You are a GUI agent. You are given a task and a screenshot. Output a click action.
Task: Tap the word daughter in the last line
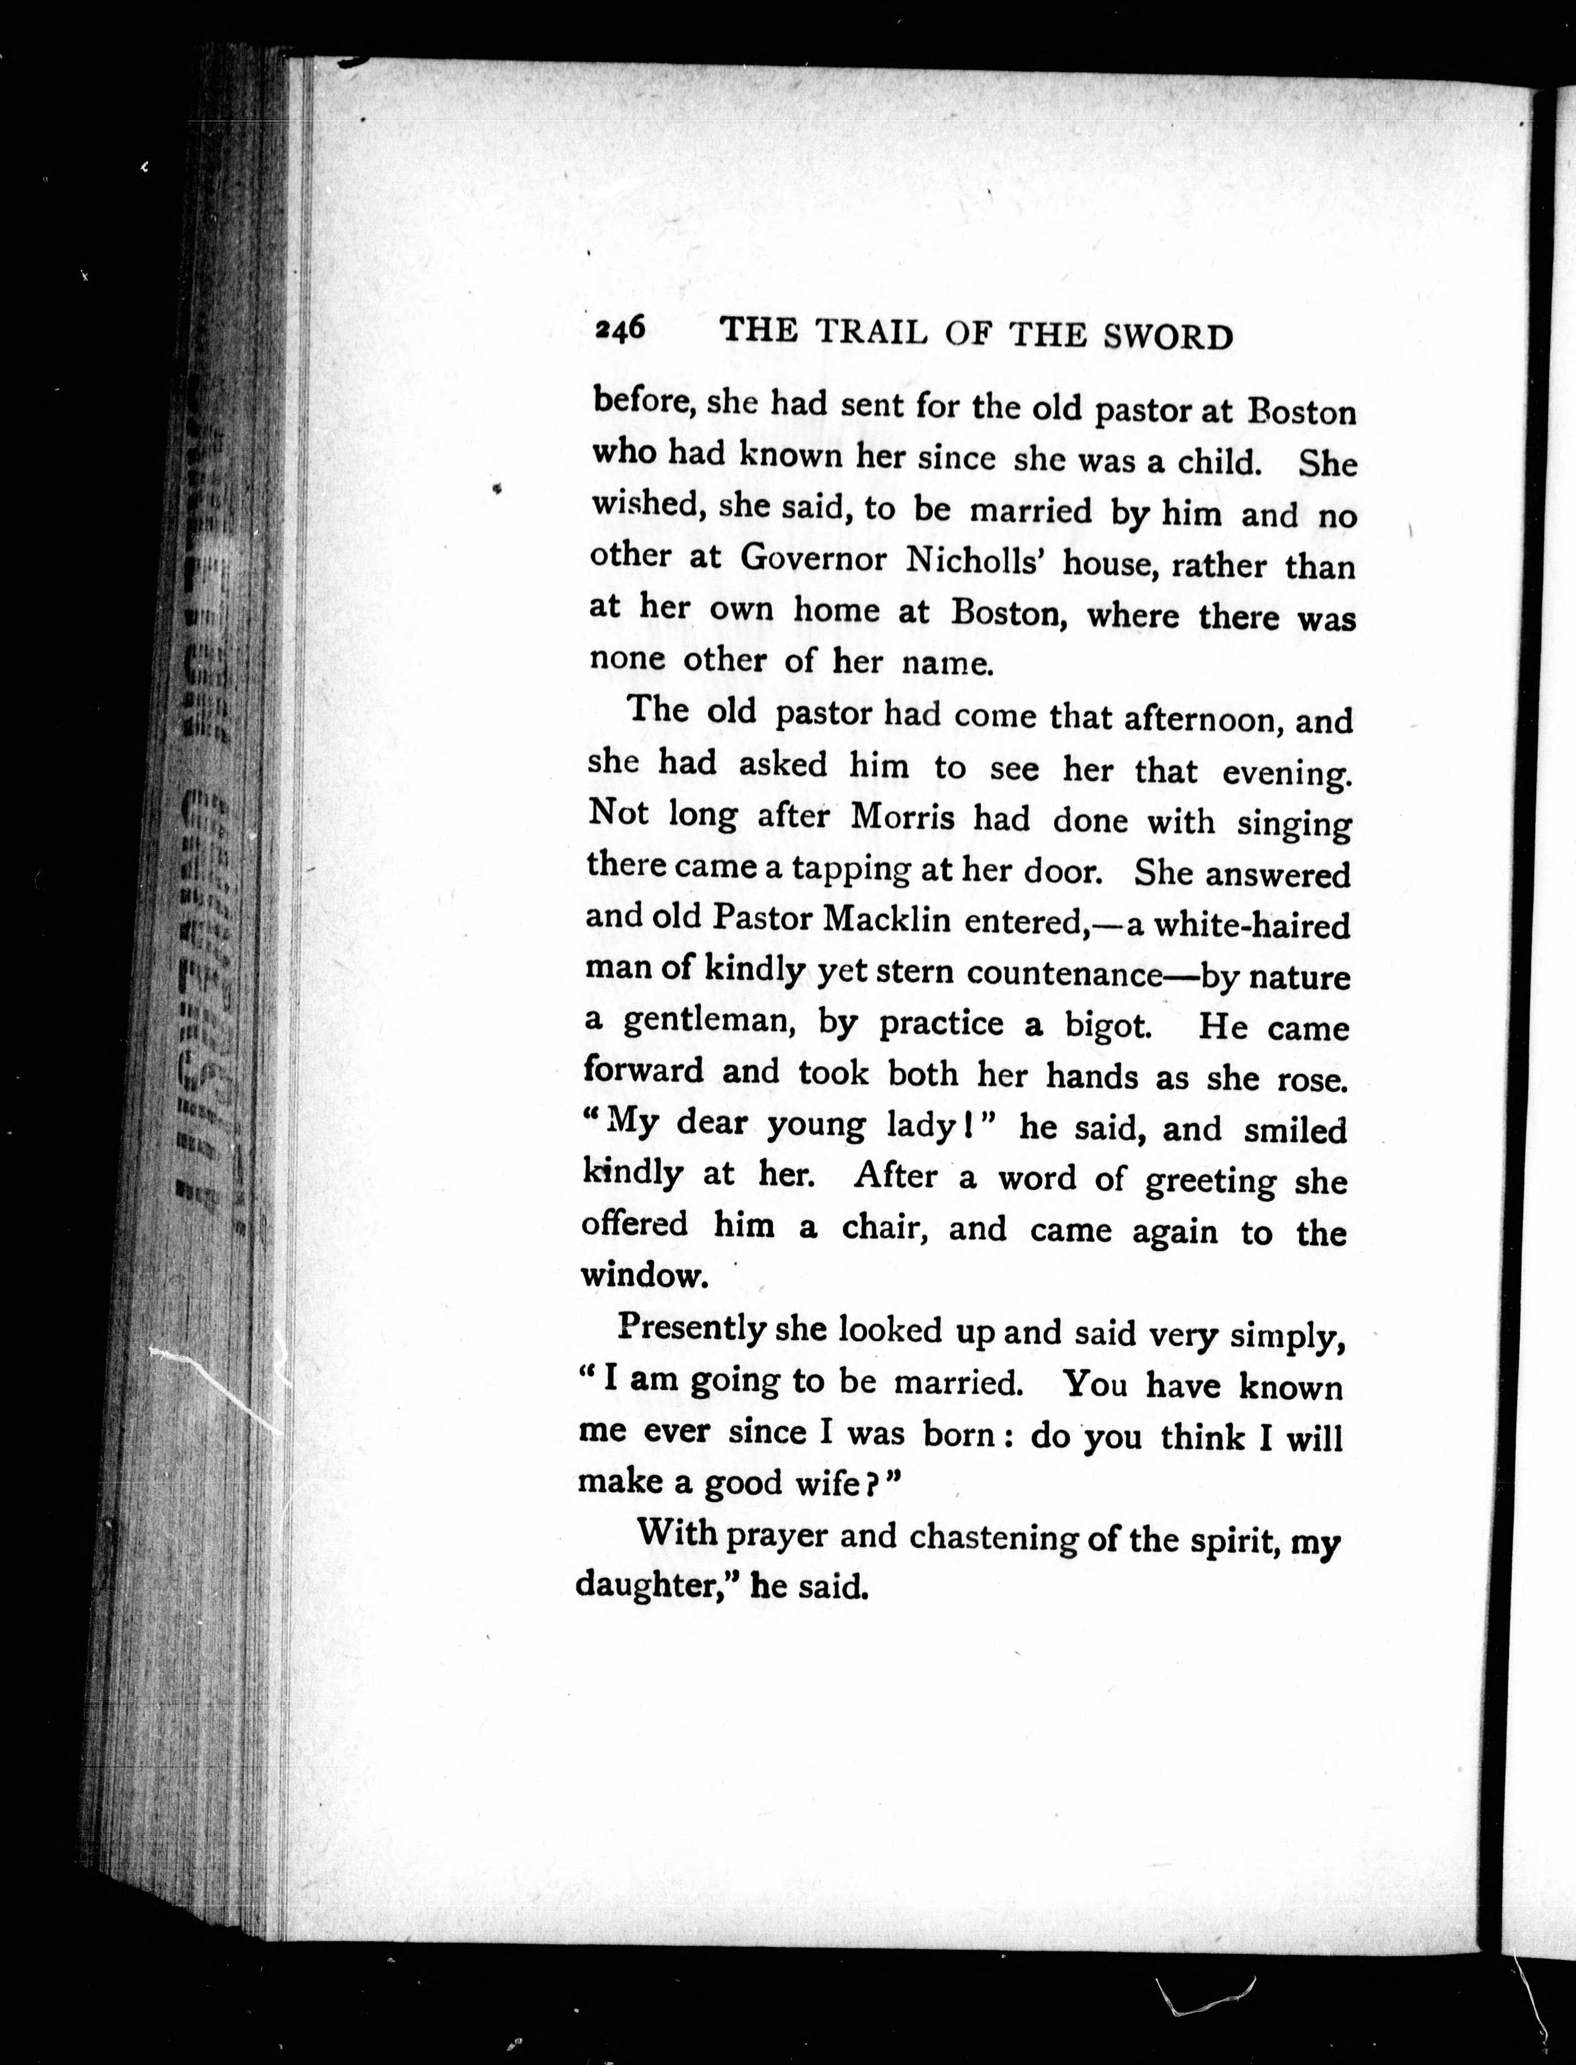pos(644,1585)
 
